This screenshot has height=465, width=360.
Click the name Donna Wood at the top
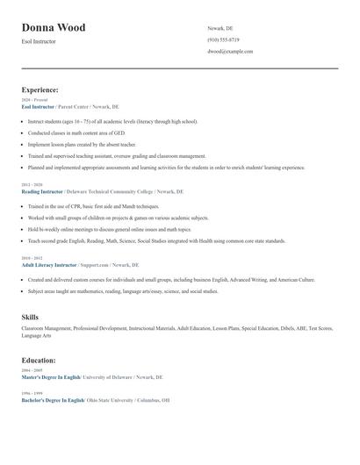coord(54,28)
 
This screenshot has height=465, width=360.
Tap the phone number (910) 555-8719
coord(223,39)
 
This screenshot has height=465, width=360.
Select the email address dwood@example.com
coord(230,52)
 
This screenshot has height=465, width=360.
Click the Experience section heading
coord(40,89)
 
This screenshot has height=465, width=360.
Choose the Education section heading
coord(39,360)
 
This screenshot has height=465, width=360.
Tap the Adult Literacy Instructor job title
coord(48,263)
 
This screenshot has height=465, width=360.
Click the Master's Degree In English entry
coord(51,376)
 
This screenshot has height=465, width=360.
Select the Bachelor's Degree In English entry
coord(53,399)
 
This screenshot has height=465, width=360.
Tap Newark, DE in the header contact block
coord(220,28)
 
